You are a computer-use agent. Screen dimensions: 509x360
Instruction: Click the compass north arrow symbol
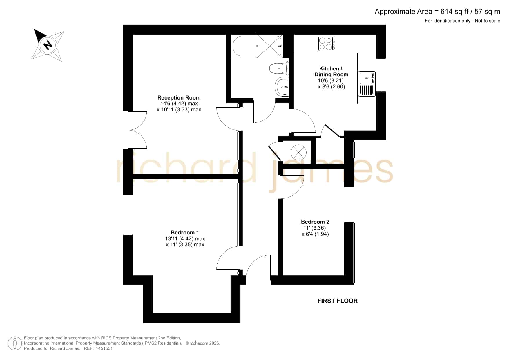tap(48, 45)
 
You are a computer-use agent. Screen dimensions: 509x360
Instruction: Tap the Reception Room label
tap(179, 98)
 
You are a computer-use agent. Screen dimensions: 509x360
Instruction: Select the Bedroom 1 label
tap(185, 233)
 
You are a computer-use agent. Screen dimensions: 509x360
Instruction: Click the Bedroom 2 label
tap(315, 222)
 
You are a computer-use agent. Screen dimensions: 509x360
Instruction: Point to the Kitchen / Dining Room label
tap(331, 72)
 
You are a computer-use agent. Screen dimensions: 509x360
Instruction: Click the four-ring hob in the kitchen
tap(327, 44)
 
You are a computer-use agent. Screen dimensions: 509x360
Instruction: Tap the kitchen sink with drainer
tap(367, 84)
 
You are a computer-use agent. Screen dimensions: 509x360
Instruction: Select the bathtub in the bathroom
tap(257, 46)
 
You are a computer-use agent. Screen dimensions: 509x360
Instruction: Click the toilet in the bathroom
tap(279, 69)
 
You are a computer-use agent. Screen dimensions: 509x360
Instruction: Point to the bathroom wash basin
tap(282, 86)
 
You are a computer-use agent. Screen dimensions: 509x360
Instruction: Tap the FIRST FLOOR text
tap(338, 301)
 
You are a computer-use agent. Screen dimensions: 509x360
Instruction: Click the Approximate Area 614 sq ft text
tap(437, 12)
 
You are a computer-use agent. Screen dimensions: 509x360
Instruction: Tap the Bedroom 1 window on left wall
tap(128, 215)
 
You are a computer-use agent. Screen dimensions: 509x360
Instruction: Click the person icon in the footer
tap(15, 343)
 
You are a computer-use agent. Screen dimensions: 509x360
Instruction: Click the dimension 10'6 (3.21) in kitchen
tap(331, 81)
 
